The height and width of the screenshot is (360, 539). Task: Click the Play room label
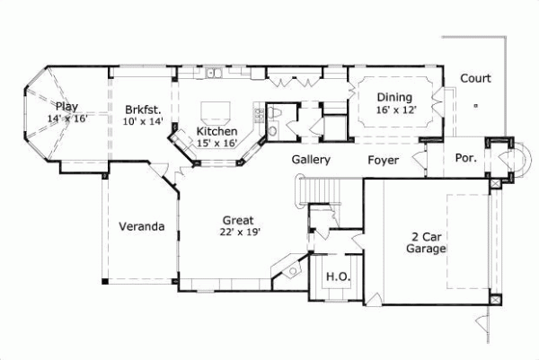click(x=67, y=106)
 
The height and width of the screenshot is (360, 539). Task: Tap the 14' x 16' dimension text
click(x=67, y=118)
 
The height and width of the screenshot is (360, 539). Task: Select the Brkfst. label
click(x=144, y=110)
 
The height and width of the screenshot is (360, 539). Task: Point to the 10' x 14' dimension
click(x=144, y=121)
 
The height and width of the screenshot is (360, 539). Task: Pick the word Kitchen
click(x=216, y=131)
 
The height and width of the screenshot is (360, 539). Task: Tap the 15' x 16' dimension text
click(x=216, y=143)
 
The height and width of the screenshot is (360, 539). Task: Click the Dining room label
click(x=394, y=98)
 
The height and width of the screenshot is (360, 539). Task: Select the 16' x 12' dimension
click(x=394, y=110)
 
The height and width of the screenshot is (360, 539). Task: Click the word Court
click(x=475, y=78)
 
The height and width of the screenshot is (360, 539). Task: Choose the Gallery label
click(x=312, y=160)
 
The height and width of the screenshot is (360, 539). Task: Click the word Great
click(x=238, y=219)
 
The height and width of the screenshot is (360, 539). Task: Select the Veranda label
click(x=142, y=226)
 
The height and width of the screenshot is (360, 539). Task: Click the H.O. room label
click(x=337, y=276)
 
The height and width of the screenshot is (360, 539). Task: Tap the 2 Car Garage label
click(x=426, y=243)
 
